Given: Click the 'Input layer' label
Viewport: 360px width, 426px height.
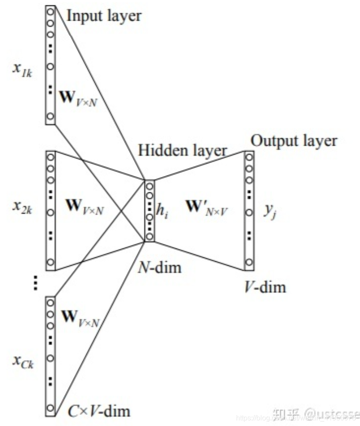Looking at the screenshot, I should point(104,15).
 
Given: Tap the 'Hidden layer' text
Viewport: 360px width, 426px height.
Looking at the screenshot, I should point(182,150).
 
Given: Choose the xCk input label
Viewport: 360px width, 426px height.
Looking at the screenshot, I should point(22,363).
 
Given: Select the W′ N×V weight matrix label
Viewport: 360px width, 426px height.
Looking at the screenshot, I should point(208,207).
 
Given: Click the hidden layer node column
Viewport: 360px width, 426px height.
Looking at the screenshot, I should point(150,211).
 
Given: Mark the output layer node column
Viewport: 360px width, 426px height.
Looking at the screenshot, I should point(249,211).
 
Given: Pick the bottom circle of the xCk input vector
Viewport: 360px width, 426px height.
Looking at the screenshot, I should point(50,407).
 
